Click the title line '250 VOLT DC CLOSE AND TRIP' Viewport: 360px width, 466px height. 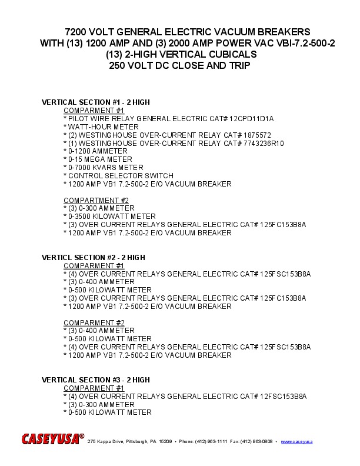(x=179, y=65)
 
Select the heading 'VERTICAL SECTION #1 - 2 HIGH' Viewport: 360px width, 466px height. (x=95, y=102)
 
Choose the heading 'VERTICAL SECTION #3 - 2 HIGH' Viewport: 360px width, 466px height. (x=95, y=380)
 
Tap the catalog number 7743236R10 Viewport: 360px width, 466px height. (x=261, y=143)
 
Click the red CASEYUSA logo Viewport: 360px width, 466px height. (x=52, y=439)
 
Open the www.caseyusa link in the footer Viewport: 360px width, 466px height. (x=296, y=441)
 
